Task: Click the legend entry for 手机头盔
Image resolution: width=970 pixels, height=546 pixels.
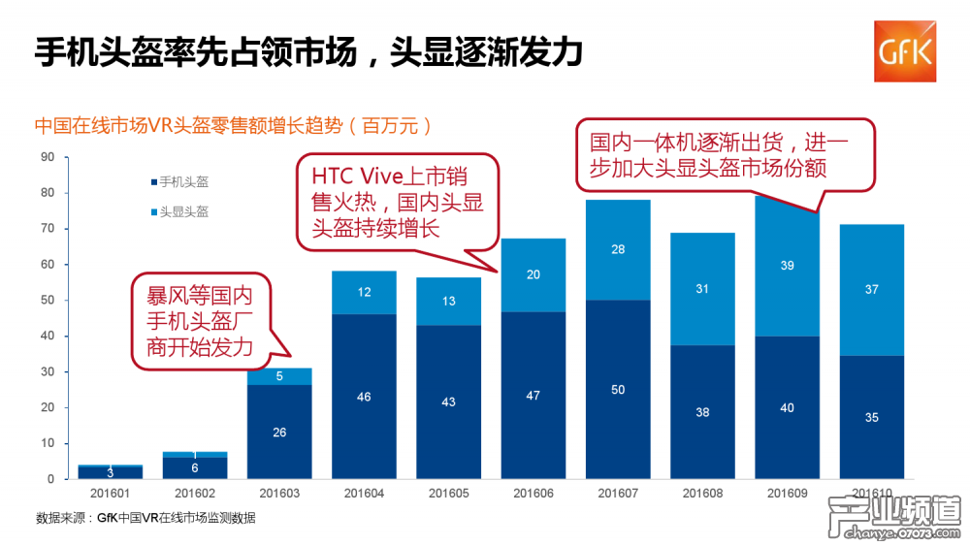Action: click(182, 181)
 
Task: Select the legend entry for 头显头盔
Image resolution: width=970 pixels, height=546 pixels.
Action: click(182, 211)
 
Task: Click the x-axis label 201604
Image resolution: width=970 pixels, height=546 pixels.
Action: click(363, 494)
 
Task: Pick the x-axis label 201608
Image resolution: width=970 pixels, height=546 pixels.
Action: click(702, 494)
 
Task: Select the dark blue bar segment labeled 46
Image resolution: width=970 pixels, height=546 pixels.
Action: click(363, 397)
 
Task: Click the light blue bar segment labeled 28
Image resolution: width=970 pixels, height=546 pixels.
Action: click(617, 250)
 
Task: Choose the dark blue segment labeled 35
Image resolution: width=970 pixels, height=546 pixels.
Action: click(871, 417)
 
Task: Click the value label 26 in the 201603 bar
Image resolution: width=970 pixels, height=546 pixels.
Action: click(278, 432)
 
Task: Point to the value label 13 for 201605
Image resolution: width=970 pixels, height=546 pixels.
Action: click(447, 302)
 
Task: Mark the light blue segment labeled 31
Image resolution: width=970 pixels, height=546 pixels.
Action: click(702, 289)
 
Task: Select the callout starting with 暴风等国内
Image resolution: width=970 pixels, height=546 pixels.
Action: click(198, 321)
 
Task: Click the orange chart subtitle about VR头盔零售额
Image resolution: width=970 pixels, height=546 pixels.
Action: click(233, 126)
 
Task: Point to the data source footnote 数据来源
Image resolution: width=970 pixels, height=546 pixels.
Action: click(145, 518)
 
